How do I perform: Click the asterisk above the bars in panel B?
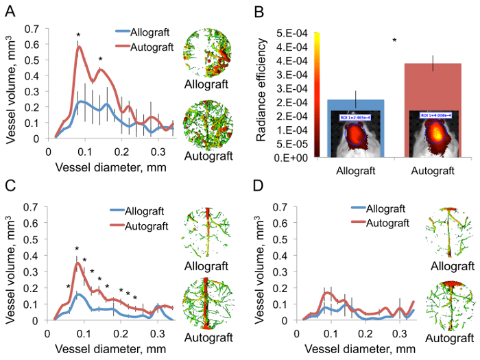click(394, 40)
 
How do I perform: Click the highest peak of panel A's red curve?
click(79, 47)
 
